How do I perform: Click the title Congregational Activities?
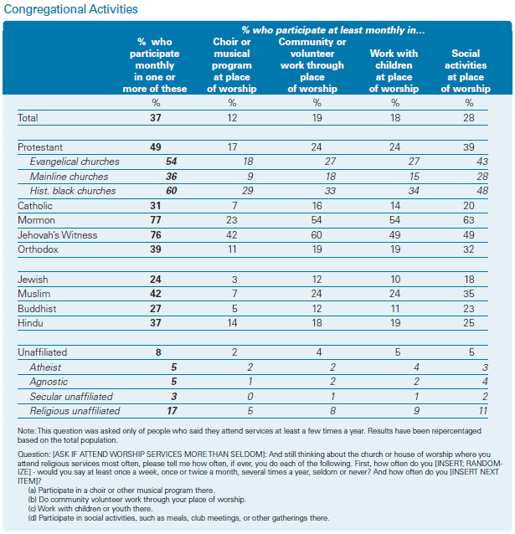(70, 9)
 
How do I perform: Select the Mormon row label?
(36, 220)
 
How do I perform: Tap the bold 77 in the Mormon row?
(156, 220)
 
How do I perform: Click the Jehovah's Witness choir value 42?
(232, 235)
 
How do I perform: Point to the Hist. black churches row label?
(73, 191)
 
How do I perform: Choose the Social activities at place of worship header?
(466, 71)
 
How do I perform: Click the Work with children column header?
(394, 71)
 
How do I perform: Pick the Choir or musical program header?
(232, 65)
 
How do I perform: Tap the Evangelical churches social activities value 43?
(482, 162)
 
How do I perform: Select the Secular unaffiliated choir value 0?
(250, 397)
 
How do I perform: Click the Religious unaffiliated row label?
(75, 411)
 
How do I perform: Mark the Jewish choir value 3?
(234, 280)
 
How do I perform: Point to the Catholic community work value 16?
(317, 206)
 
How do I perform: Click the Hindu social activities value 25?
(469, 323)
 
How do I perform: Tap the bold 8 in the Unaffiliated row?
(158, 352)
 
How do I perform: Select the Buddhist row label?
(37, 309)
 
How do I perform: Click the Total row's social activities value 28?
(469, 118)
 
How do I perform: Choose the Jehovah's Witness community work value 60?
(317, 235)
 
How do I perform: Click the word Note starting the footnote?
(26, 431)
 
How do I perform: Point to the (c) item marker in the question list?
(33, 509)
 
